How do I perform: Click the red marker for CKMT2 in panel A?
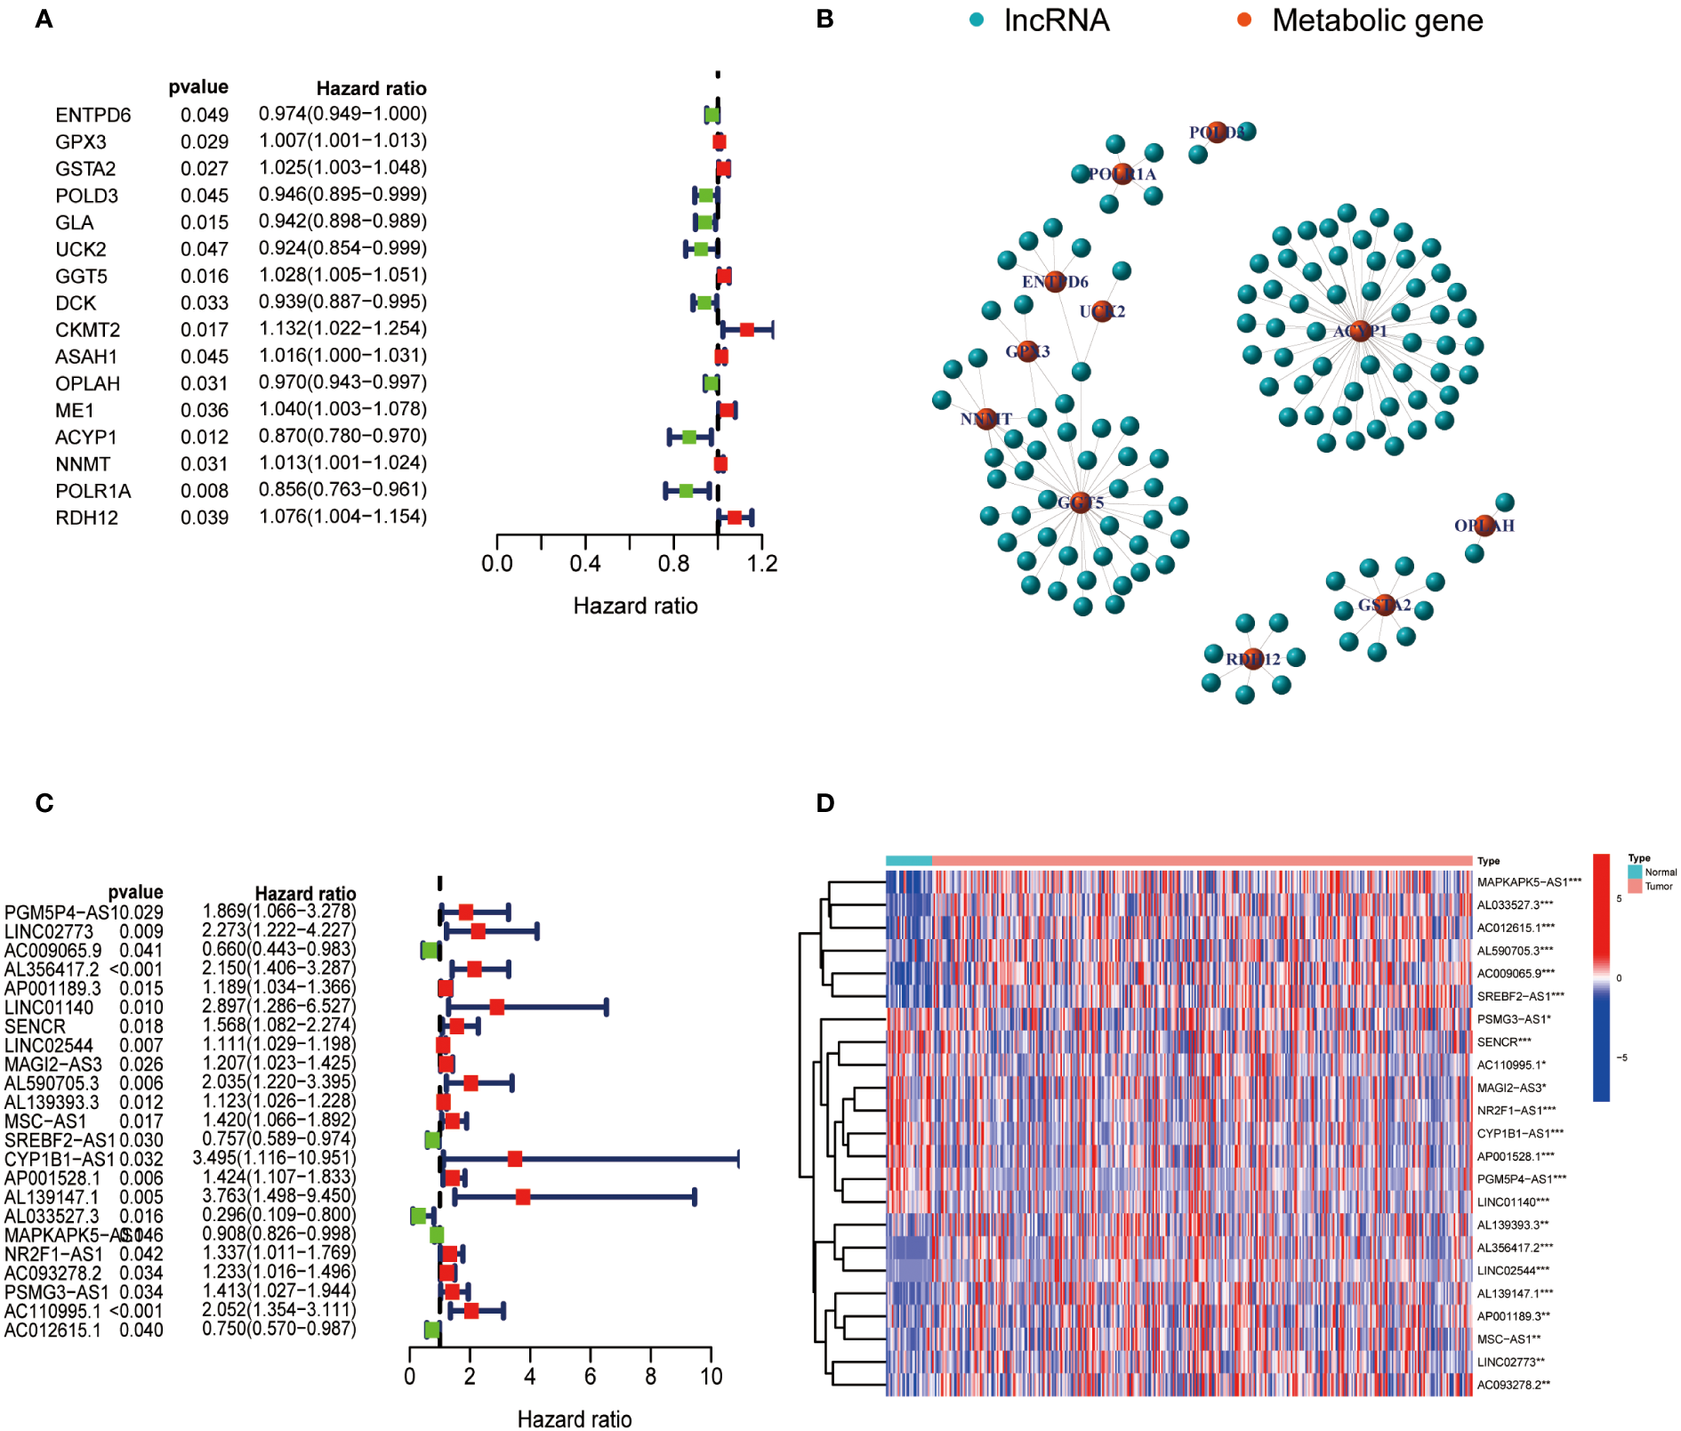tap(747, 330)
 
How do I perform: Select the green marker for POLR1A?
tap(686, 491)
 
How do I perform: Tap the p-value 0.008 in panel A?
tap(205, 491)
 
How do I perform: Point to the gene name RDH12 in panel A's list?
tap(86, 518)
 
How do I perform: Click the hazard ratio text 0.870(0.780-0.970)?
tap(342, 436)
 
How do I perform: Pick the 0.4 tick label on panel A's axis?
tap(585, 564)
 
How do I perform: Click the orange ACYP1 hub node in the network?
tap(1359, 331)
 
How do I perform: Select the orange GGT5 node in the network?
tap(1080, 502)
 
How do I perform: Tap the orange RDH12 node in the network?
tap(1252, 658)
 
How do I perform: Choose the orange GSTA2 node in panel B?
tap(1384, 605)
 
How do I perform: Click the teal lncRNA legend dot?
tap(977, 20)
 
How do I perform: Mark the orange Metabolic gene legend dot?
tap(1244, 20)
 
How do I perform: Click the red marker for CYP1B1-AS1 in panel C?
tap(514, 1159)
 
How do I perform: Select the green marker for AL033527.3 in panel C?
tap(418, 1215)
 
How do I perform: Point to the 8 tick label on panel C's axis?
tap(650, 1377)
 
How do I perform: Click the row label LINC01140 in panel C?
tap(49, 1008)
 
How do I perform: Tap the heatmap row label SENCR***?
tap(1504, 1041)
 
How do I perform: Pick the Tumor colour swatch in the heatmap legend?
tap(1635, 886)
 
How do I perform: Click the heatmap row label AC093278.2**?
tap(1513, 1385)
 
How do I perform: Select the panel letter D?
tap(824, 803)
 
